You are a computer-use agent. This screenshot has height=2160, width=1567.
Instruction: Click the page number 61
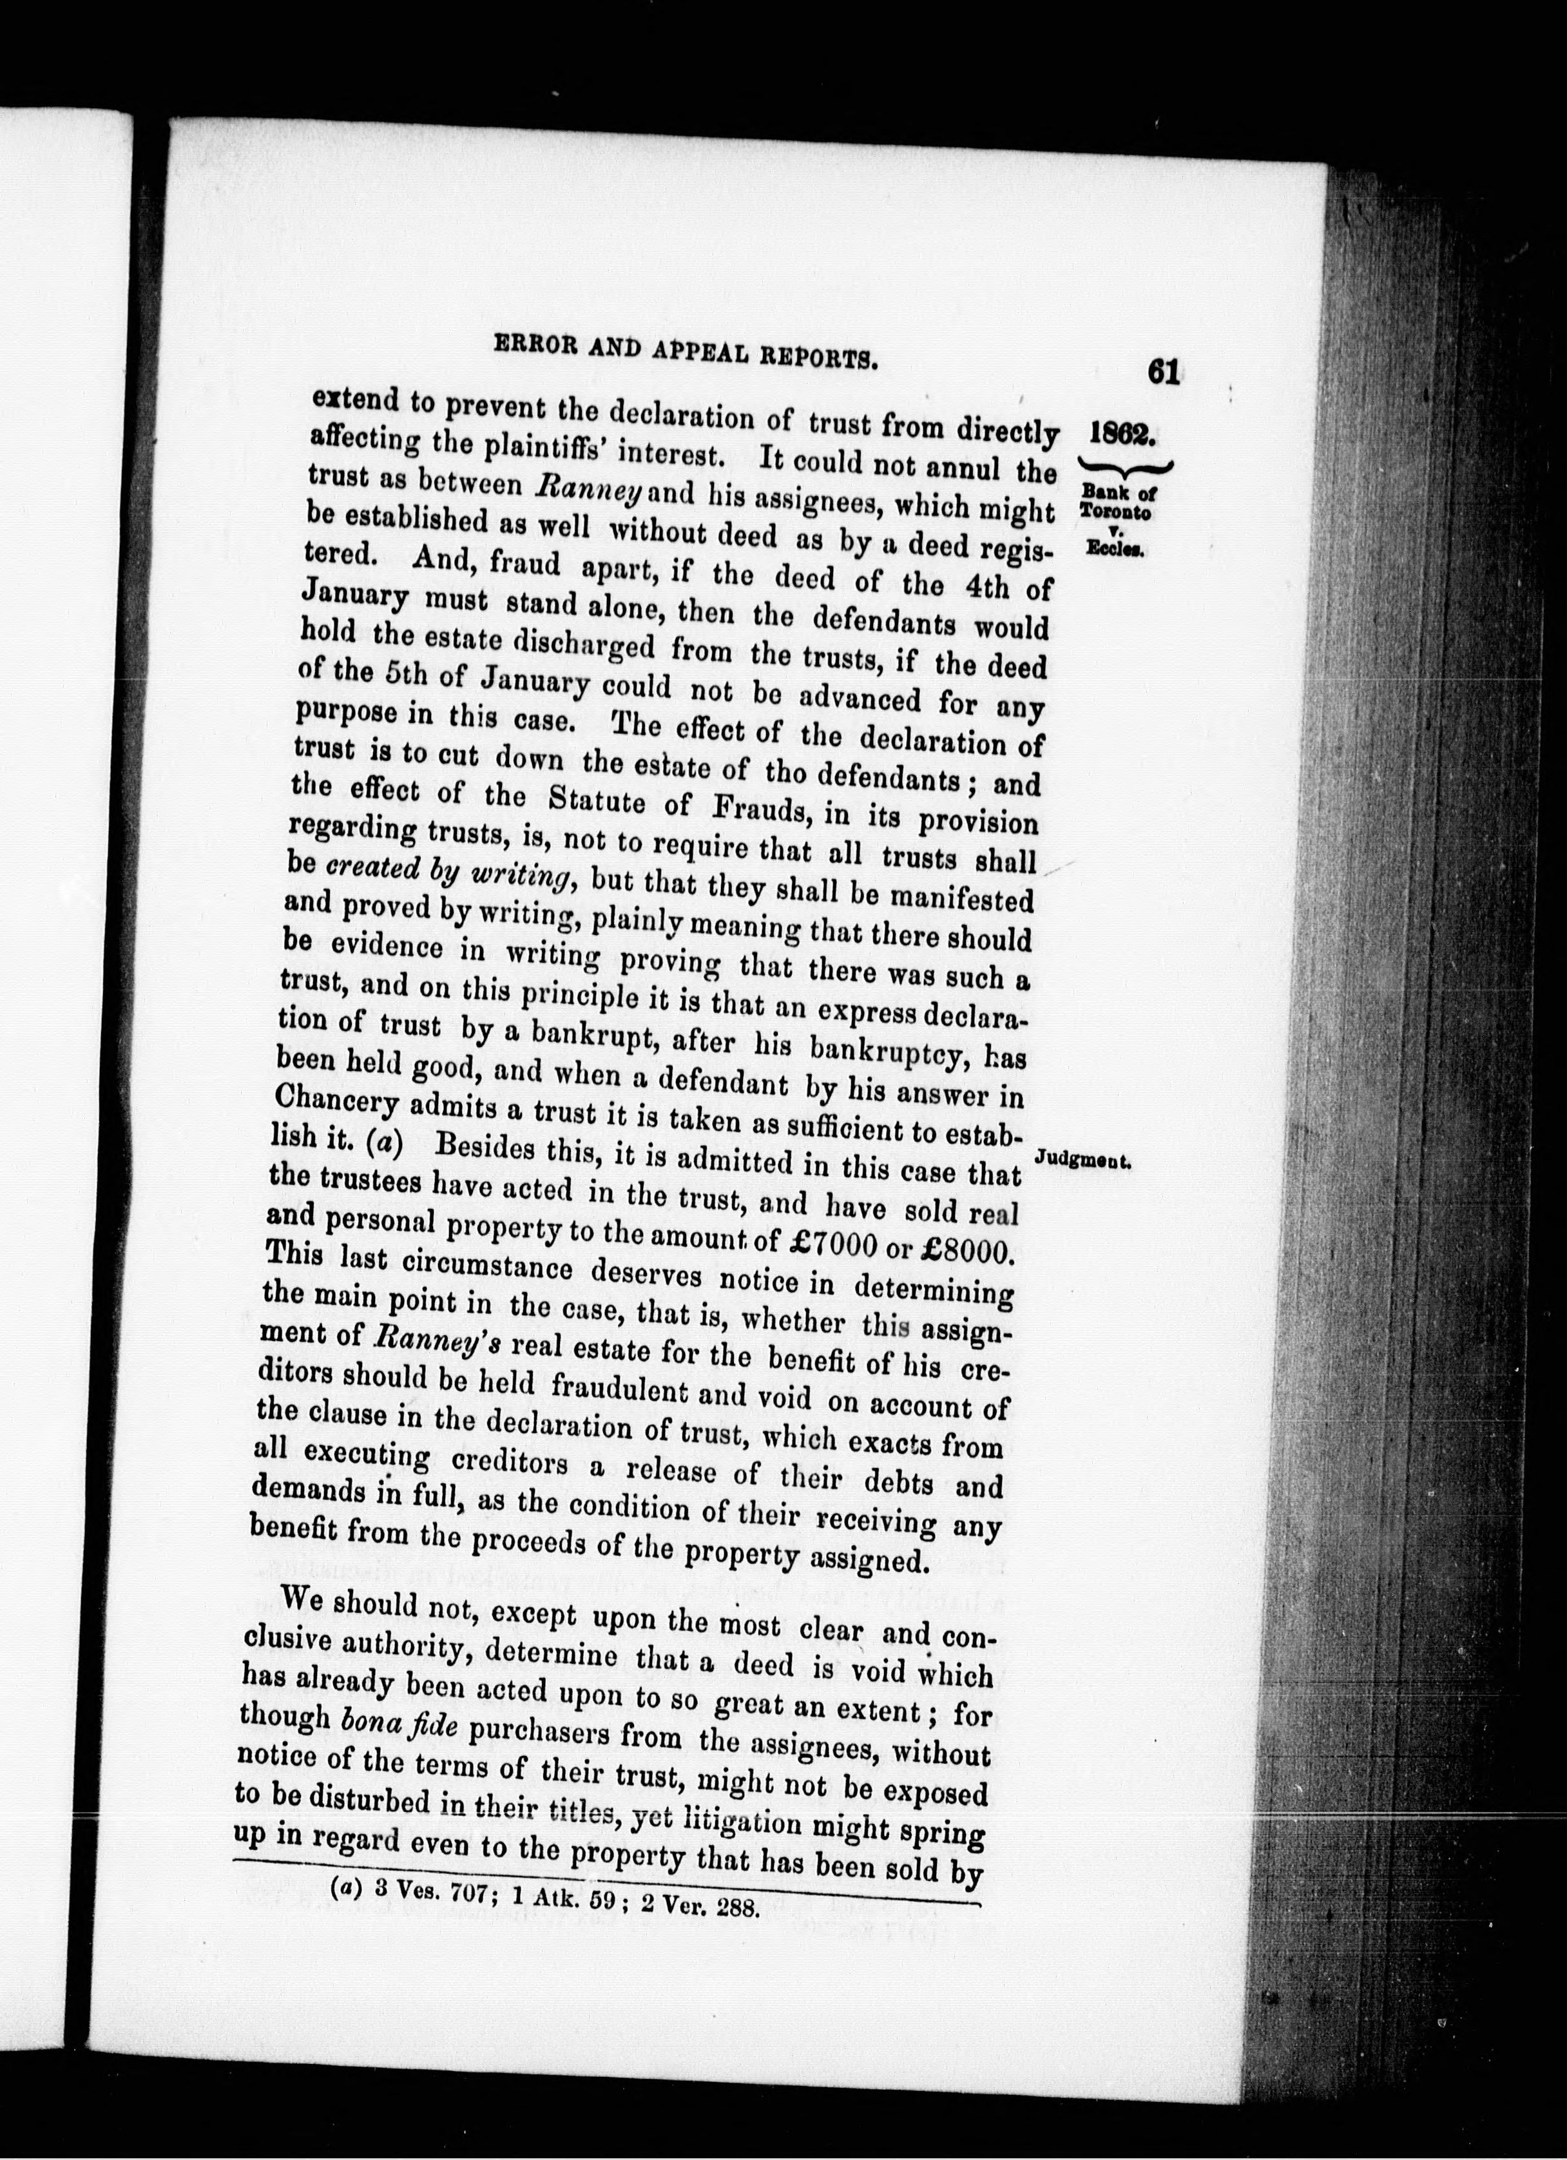pyautogui.click(x=1164, y=371)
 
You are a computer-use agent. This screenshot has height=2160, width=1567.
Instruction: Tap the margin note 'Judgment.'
pyautogui.click(x=1081, y=1161)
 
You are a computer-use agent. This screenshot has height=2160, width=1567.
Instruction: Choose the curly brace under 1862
pyautogui.click(x=1124, y=466)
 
